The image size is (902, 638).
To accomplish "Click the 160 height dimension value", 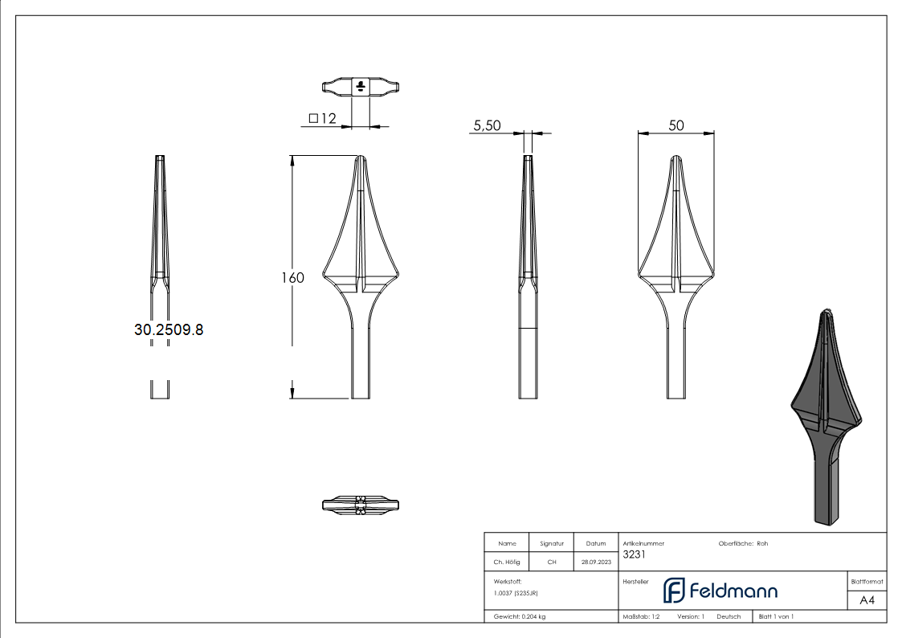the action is [292, 278].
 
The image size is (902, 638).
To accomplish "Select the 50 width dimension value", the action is [676, 125].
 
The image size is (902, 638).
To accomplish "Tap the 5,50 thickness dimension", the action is [488, 125].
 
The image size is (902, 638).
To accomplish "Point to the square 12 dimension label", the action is [322, 118].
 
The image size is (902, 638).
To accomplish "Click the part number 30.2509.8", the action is [169, 329].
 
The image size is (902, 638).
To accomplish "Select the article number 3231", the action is [634, 554].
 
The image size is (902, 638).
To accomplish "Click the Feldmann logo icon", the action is [674, 591].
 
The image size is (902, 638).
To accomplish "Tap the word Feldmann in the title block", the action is [733, 591].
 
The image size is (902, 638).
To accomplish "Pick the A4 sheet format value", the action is [867, 600].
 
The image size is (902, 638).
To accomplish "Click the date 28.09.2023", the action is [596, 562].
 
